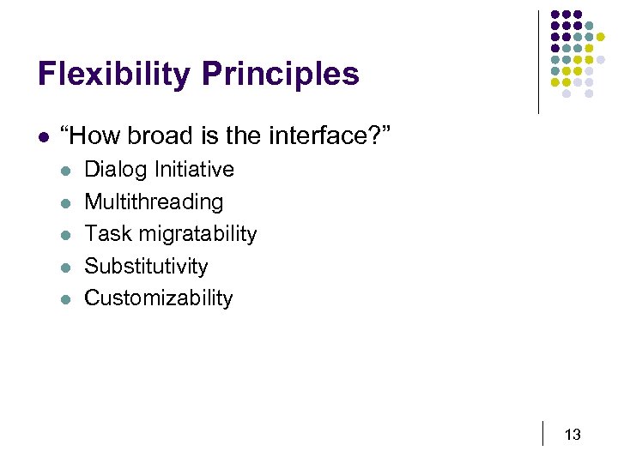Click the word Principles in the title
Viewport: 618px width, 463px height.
(x=280, y=75)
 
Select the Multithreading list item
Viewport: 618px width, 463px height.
(x=154, y=202)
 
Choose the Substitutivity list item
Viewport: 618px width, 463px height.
(x=146, y=267)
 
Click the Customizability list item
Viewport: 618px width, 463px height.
(x=159, y=298)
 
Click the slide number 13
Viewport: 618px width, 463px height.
(x=573, y=435)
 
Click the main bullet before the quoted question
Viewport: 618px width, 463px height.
(x=41, y=135)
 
